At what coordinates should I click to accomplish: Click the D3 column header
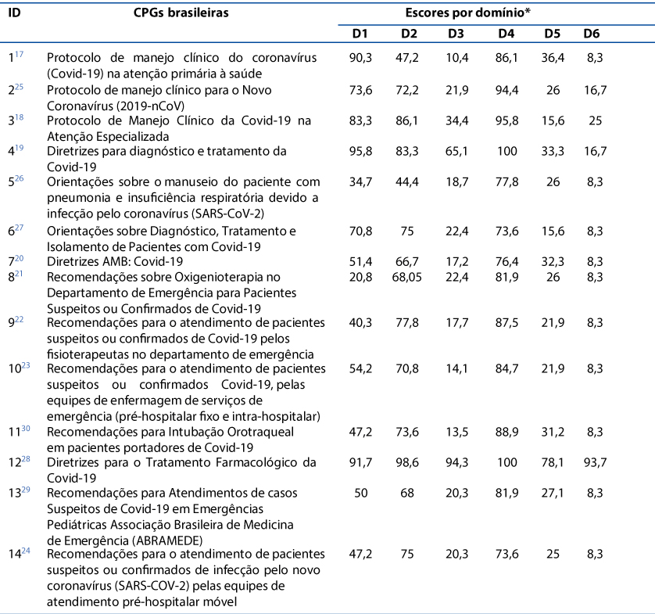pyautogui.click(x=456, y=34)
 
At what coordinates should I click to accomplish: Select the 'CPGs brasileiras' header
pyautogui.click(x=181, y=13)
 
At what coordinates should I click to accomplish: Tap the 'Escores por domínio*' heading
pyautogui.click(x=468, y=13)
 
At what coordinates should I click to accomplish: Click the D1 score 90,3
pyautogui.click(x=360, y=58)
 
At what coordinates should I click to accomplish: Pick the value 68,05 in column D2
pyautogui.click(x=407, y=277)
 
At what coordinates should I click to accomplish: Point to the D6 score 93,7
pyautogui.click(x=595, y=462)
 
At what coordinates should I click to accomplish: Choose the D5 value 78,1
pyautogui.click(x=553, y=462)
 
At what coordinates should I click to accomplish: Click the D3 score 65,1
pyautogui.click(x=456, y=151)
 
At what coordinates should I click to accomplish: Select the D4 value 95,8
pyautogui.click(x=506, y=120)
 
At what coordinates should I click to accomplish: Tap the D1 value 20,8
pyautogui.click(x=360, y=277)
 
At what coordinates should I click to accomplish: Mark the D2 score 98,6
pyautogui.click(x=407, y=462)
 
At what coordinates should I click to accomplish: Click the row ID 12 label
pyautogui.click(x=14, y=463)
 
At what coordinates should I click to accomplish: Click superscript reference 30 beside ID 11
pyautogui.click(x=26, y=429)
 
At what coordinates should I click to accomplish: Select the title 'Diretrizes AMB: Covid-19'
pyautogui.click(x=115, y=262)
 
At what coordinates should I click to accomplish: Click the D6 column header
pyautogui.click(x=591, y=34)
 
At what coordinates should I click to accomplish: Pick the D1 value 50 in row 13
pyautogui.click(x=360, y=493)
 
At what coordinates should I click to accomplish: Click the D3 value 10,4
pyautogui.click(x=456, y=58)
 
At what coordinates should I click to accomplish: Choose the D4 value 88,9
pyautogui.click(x=506, y=432)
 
